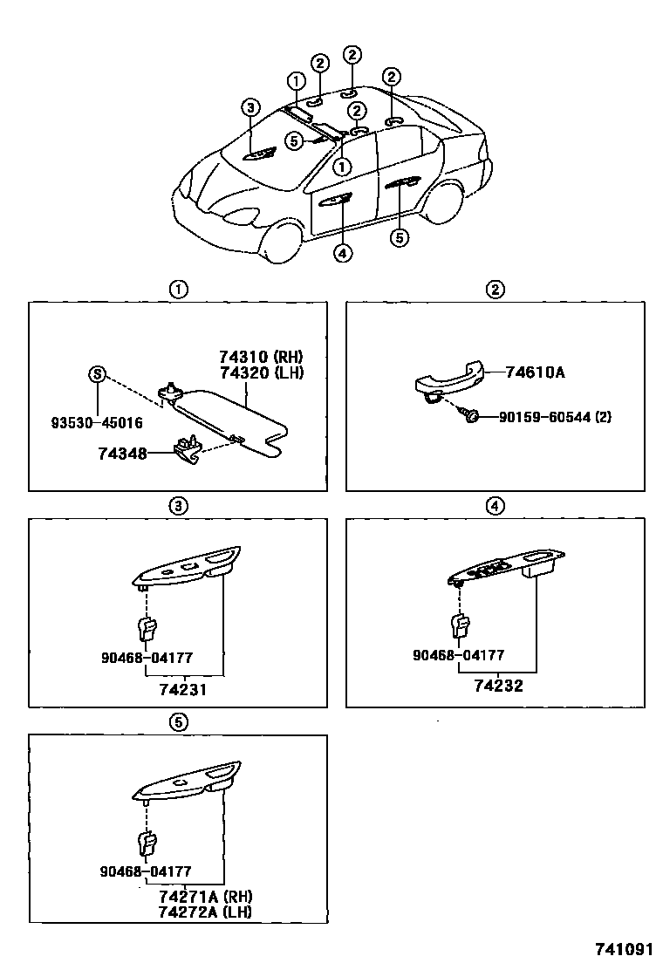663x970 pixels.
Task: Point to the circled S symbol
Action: click(x=97, y=374)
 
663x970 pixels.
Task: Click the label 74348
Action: click(x=122, y=454)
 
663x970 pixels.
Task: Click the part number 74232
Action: click(x=498, y=686)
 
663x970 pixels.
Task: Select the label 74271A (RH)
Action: click(x=205, y=896)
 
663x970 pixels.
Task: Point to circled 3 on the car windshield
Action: click(x=250, y=108)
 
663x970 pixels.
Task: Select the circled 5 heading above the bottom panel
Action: click(x=178, y=721)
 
